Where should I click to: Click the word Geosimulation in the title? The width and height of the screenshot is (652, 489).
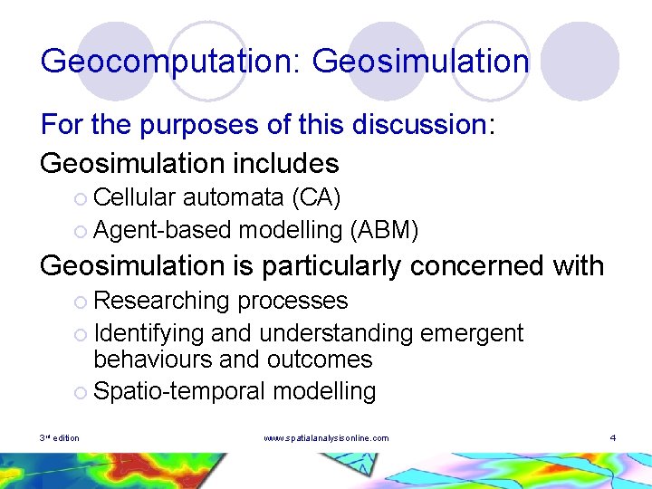[420, 62]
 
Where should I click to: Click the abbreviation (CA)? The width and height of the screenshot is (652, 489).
[315, 197]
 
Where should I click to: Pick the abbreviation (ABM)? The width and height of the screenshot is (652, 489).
[383, 231]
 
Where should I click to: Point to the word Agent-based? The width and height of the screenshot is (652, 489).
[162, 231]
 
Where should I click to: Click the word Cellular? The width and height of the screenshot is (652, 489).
[137, 197]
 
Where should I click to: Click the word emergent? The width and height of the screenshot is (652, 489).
[472, 333]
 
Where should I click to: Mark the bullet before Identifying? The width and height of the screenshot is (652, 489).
[81, 334]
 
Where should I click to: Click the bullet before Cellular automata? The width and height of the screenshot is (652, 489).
[81, 198]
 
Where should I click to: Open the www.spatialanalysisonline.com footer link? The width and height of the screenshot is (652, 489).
[326, 438]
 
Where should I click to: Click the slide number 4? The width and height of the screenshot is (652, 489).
[613, 438]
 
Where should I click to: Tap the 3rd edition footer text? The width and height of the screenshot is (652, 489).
[59, 438]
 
